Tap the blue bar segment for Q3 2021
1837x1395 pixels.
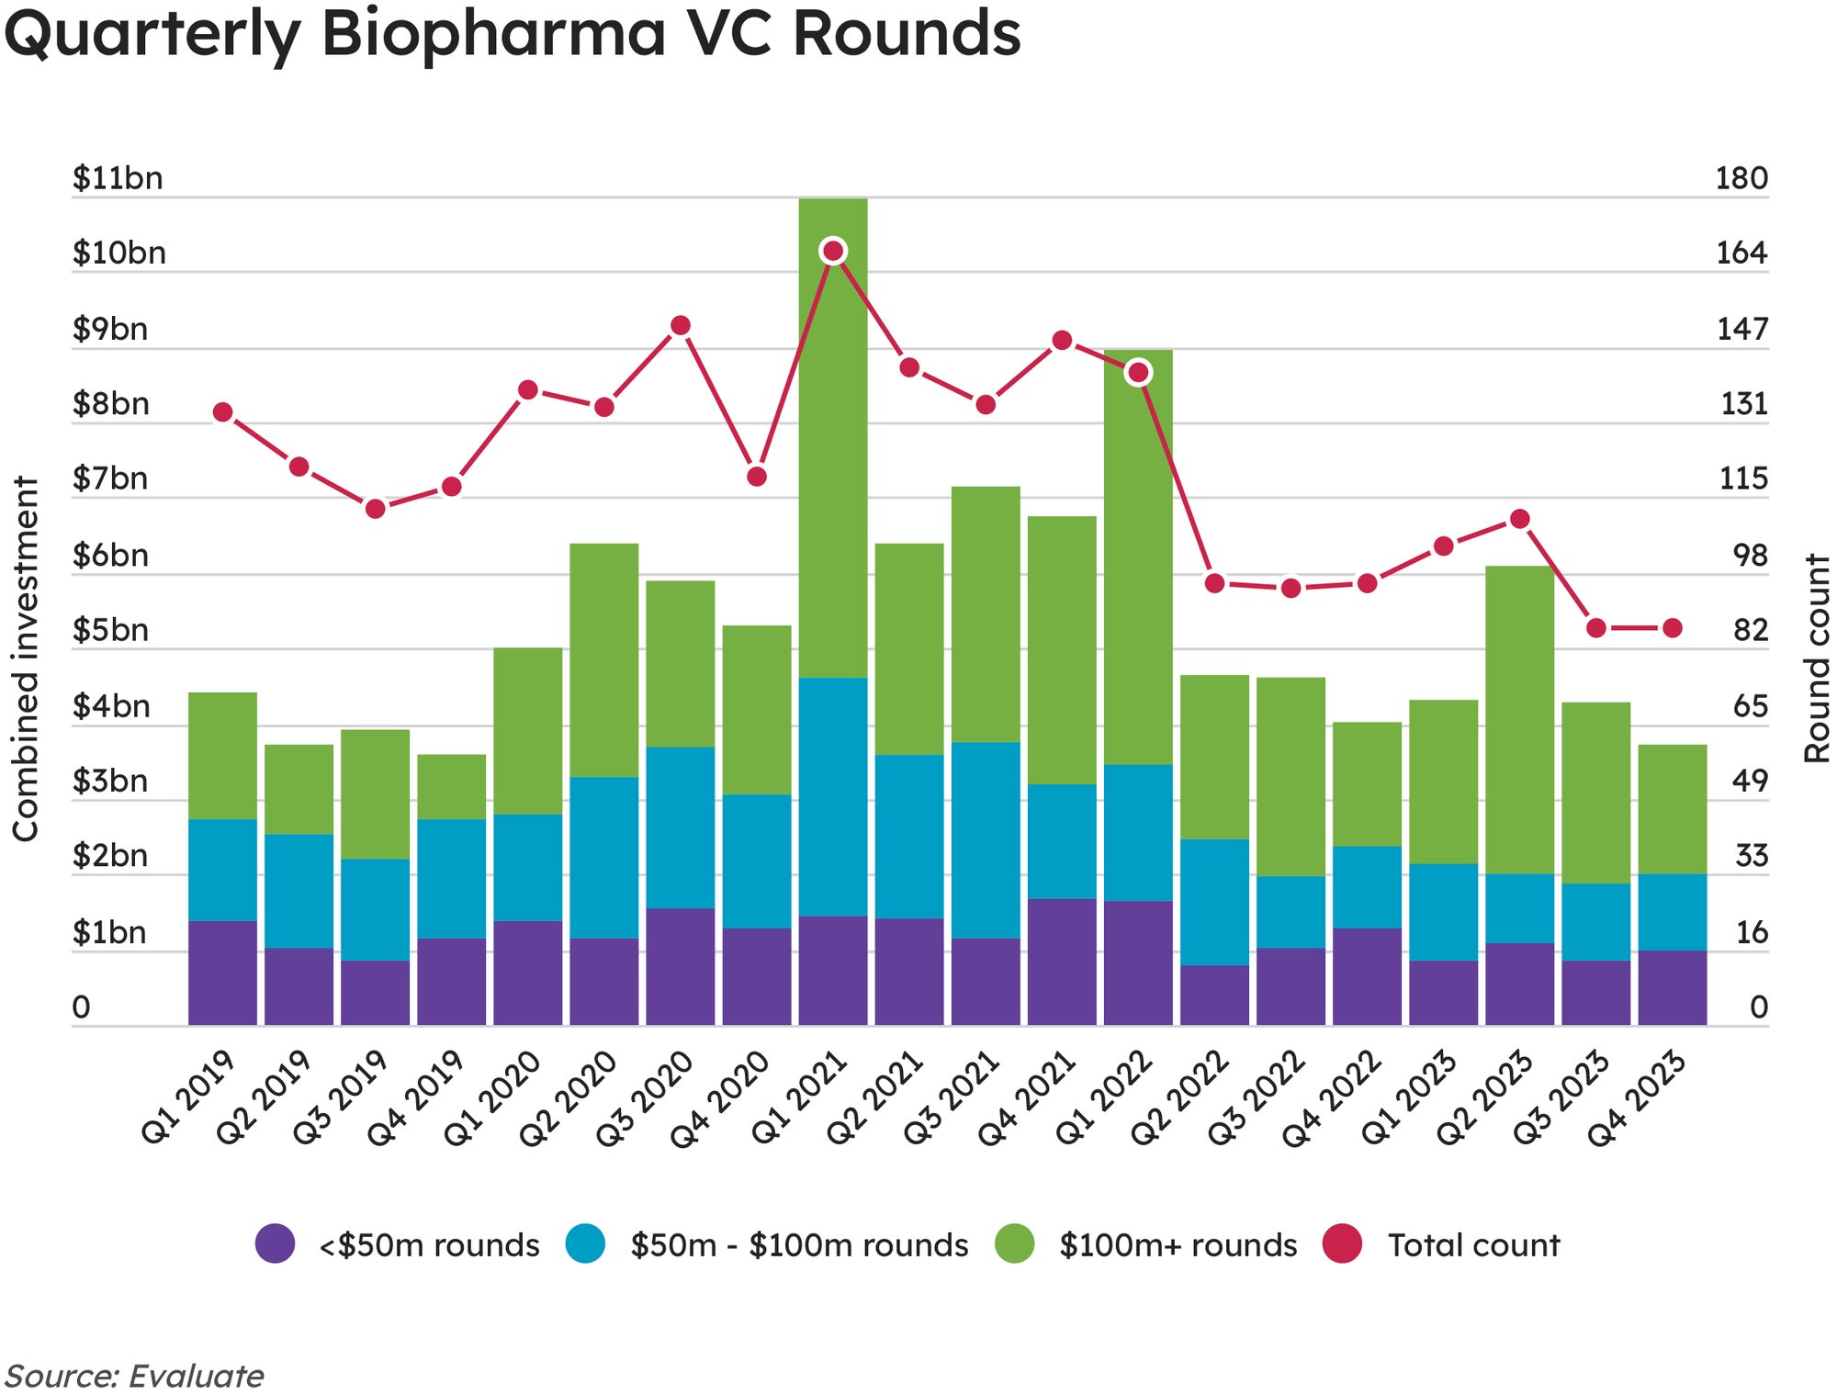pyautogui.click(x=986, y=839)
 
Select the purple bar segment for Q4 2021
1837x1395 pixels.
pyautogui.click(x=1062, y=962)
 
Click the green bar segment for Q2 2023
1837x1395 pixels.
pyautogui.click(x=1519, y=720)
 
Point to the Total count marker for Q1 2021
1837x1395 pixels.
pyautogui.click(x=833, y=251)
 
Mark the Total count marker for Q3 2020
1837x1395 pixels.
pyautogui.click(x=681, y=326)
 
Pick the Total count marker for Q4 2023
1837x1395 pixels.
pyautogui.click(x=1673, y=628)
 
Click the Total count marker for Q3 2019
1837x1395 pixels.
pyautogui.click(x=375, y=509)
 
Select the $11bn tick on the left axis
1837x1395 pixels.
pyautogui.click(x=118, y=178)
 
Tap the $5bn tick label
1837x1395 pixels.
pyautogui.click(x=110, y=631)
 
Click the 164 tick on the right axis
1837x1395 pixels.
pyautogui.click(x=1741, y=253)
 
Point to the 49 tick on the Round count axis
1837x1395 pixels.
pyautogui.click(x=1750, y=781)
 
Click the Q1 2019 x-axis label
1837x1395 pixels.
pyautogui.click(x=189, y=1097)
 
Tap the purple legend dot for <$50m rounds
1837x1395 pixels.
pyautogui.click(x=276, y=1243)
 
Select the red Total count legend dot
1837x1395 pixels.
pyautogui.click(x=1342, y=1243)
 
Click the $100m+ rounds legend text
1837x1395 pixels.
pyautogui.click(x=1178, y=1245)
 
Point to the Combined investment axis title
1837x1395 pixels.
pyautogui.click(x=26, y=658)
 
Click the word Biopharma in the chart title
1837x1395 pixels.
pyautogui.click(x=493, y=33)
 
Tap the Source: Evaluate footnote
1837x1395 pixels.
pyautogui.click(x=134, y=1376)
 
